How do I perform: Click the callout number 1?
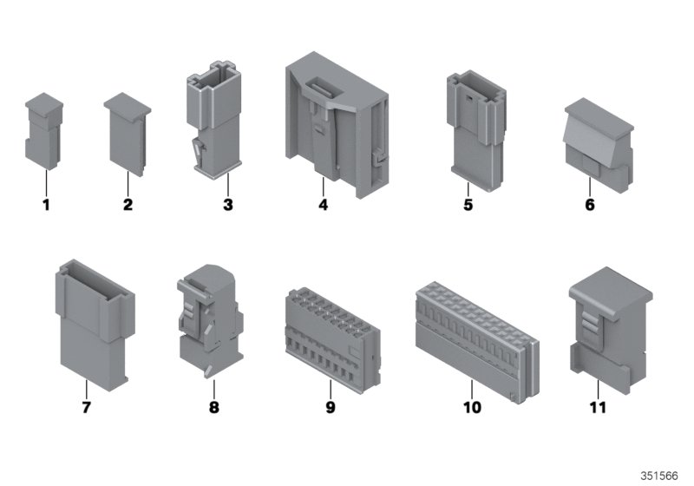click(46, 205)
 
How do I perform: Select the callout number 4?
click(323, 205)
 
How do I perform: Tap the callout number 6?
click(590, 205)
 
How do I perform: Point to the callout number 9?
click(331, 407)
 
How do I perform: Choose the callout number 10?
click(472, 407)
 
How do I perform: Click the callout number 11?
click(598, 407)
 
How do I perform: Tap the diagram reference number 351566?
click(659, 476)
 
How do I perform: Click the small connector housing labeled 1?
click(43, 131)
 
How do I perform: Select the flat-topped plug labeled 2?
click(128, 135)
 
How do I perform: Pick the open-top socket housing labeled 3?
click(215, 120)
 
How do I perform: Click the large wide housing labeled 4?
click(337, 125)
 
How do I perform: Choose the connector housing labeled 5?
click(476, 131)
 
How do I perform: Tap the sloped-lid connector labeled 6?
click(599, 146)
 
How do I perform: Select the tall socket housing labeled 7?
click(95, 325)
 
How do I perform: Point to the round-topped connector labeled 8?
click(210, 320)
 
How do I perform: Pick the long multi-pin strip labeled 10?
click(478, 342)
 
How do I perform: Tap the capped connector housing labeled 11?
click(611, 330)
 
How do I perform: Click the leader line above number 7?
click(86, 389)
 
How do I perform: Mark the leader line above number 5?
click(468, 189)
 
